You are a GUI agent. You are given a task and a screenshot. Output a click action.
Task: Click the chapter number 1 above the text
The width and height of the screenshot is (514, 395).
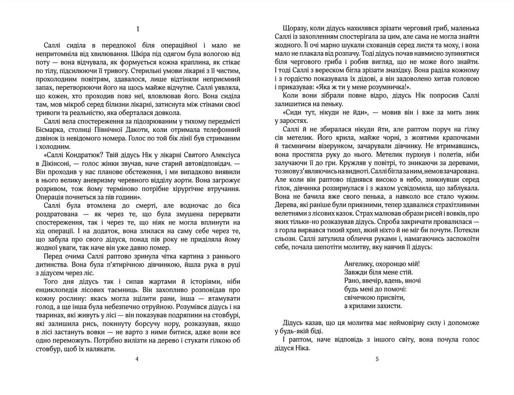(137, 29)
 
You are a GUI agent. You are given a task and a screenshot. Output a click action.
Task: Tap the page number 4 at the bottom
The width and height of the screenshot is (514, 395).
(137, 359)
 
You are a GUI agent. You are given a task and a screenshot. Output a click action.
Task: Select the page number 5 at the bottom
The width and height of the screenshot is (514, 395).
(377, 359)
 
